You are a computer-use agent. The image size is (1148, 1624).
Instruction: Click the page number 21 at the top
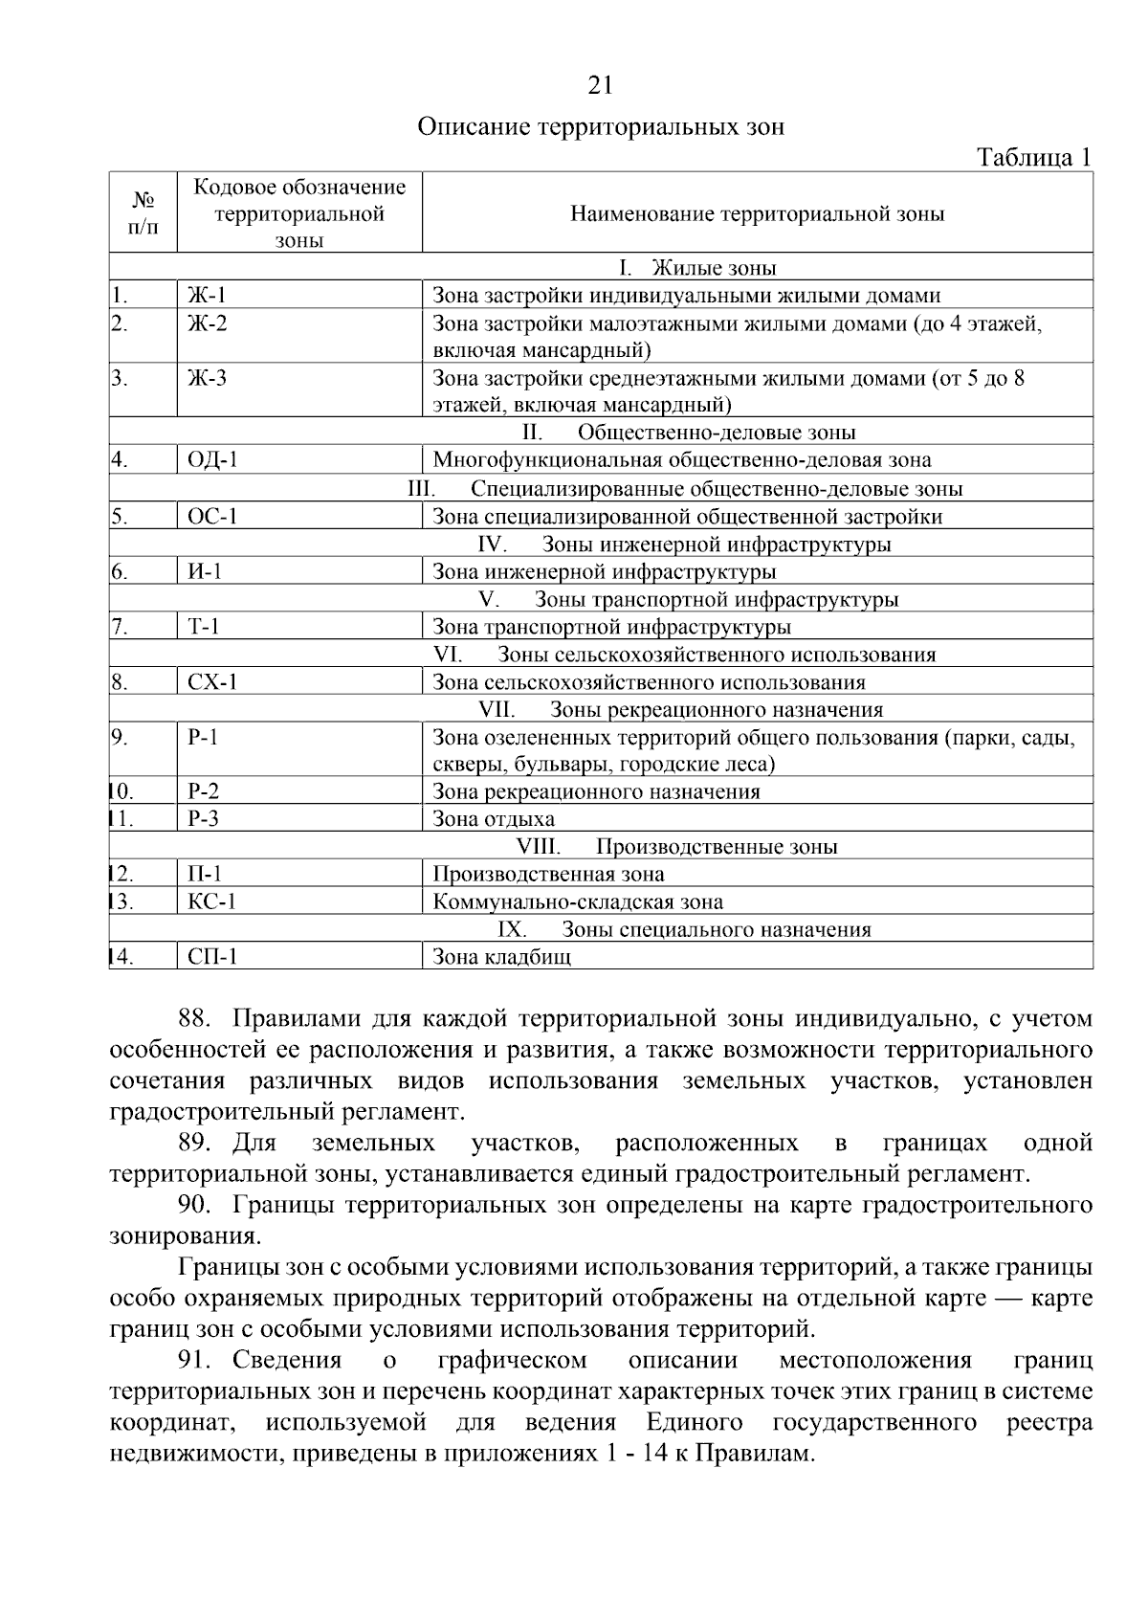click(x=600, y=86)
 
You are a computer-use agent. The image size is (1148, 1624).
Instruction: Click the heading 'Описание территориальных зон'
click(x=601, y=127)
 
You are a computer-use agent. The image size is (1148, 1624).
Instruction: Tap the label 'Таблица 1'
click(x=1033, y=157)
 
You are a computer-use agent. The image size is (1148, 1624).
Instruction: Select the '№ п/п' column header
click(x=143, y=213)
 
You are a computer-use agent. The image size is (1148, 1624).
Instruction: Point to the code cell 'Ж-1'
click(x=208, y=296)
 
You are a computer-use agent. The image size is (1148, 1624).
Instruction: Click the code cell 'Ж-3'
click(x=208, y=379)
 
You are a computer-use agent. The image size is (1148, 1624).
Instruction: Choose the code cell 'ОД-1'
click(x=213, y=461)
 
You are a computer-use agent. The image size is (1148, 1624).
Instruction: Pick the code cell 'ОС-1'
click(x=212, y=517)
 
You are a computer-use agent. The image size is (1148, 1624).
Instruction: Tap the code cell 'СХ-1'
click(x=212, y=682)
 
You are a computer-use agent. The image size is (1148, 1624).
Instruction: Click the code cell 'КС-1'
click(x=212, y=901)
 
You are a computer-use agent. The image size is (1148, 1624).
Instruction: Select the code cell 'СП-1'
click(x=212, y=957)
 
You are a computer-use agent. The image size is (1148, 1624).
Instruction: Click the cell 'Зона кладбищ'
click(x=502, y=957)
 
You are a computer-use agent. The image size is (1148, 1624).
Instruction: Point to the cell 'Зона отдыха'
click(x=494, y=819)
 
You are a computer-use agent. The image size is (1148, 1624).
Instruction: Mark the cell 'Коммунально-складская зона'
click(x=578, y=901)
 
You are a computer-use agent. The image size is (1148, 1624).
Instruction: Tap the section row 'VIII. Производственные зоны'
click(x=677, y=847)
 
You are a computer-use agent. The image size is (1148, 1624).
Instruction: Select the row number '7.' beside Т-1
click(x=120, y=628)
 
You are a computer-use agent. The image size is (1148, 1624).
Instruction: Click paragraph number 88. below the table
click(x=198, y=1019)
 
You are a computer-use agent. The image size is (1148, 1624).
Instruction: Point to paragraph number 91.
click(x=198, y=1361)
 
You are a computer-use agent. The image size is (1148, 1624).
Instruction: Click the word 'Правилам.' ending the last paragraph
click(x=755, y=1455)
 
